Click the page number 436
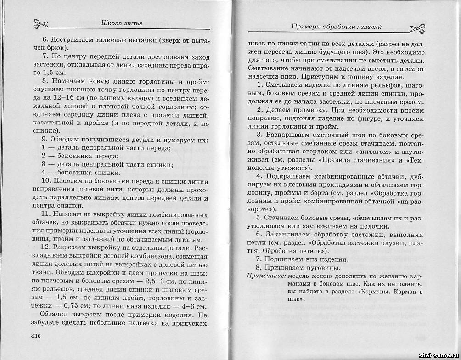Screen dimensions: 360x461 (x=37, y=336)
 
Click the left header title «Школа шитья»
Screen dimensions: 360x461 (x=121, y=23)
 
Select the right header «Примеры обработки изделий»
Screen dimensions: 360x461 (x=337, y=27)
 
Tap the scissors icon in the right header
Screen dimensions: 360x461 (x=422, y=28)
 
